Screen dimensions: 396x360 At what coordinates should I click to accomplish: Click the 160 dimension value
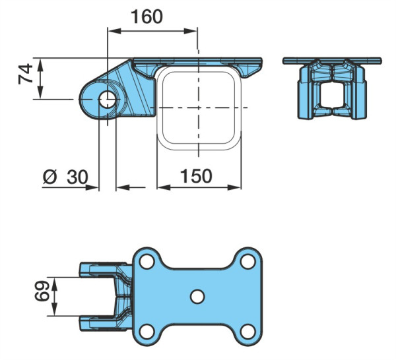pos(147,17)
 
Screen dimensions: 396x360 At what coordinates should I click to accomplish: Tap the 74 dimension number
pos(26,74)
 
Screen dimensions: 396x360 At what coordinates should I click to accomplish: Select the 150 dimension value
pos(196,176)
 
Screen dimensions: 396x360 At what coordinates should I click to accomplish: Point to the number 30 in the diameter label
pos(77,177)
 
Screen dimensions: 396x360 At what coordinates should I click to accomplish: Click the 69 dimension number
pos(42,291)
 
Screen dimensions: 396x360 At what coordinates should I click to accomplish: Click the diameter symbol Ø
pos(50,177)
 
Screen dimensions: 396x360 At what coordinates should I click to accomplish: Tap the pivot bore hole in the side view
pos(108,100)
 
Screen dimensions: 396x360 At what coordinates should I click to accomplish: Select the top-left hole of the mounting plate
pos(147,262)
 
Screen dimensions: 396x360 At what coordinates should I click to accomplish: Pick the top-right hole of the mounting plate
pos(248,262)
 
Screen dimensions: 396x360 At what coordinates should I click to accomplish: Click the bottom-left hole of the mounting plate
pos(147,332)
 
